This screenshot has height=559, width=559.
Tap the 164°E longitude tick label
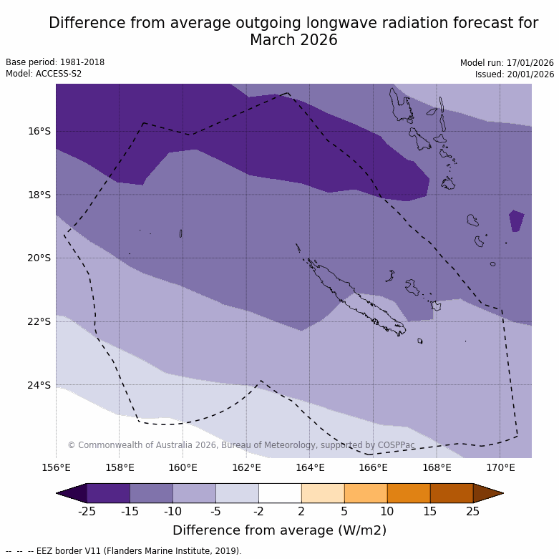pyautogui.click(x=310, y=468)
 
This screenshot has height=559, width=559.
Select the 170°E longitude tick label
pyautogui.click(x=500, y=468)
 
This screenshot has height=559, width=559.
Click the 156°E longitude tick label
pyautogui.click(x=56, y=468)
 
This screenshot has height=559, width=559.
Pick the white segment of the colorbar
pyautogui.click(x=280, y=493)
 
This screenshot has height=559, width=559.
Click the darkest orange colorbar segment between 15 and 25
pyautogui.click(x=452, y=493)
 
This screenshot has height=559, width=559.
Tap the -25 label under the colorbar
pyautogui.click(x=87, y=511)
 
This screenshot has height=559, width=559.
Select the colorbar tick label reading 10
pyautogui.click(x=387, y=511)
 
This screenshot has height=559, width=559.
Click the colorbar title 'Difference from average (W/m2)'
pyautogui.click(x=280, y=530)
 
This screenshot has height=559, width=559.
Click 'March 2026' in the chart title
pyautogui.click(x=293, y=40)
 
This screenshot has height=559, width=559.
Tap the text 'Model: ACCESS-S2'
pyautogui.click(x=44, y=74)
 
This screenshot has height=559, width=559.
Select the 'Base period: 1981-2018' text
pyautogui.click(x=55, y=62)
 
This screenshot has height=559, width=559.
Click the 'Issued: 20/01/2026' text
pyautogui.click(x=515, y=74)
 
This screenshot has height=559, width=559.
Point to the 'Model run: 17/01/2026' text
pyautogui.click(x=507, y=63)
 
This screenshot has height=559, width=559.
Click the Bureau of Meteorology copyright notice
pyautogui.click(x=241, y=445)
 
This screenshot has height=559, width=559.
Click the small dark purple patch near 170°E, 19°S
pyautogui.click(x=516, y=220)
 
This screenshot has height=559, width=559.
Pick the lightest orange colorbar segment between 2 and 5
pyautogui.click(x=323, y=493)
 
